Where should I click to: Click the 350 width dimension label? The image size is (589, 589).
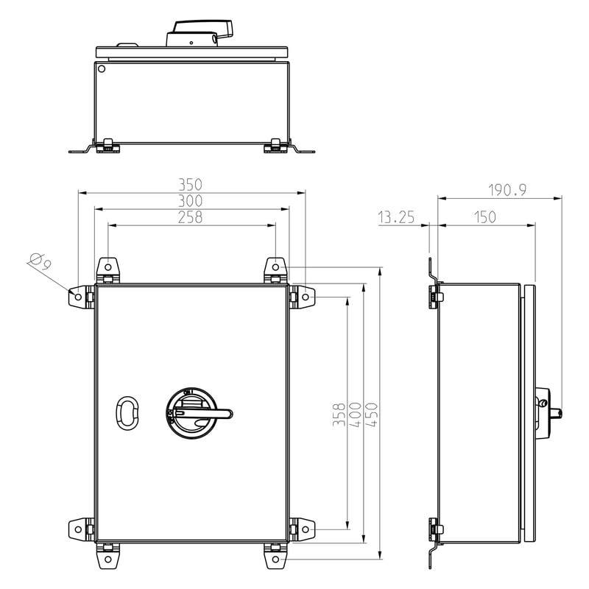190,185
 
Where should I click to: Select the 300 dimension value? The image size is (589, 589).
190,201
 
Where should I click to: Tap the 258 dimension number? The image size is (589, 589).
190,217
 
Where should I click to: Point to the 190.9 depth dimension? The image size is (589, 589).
507,190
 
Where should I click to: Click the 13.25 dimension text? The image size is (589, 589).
396,217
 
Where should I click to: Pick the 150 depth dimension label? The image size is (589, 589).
485,217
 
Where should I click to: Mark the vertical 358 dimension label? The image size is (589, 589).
339,414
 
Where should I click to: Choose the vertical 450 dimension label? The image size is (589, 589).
372,414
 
